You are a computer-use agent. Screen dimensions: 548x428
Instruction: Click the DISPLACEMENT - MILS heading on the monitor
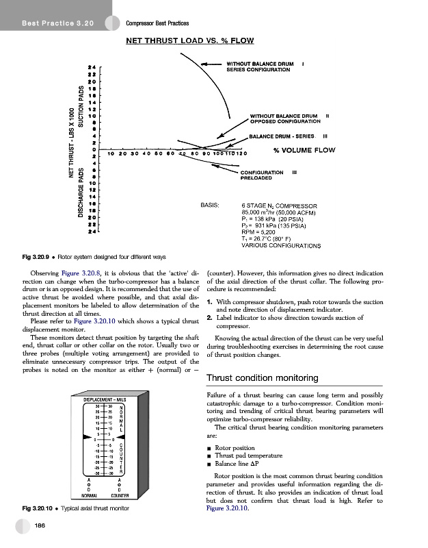(x=105, y=400)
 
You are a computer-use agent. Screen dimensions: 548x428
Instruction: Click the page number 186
(x=41, y=525)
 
